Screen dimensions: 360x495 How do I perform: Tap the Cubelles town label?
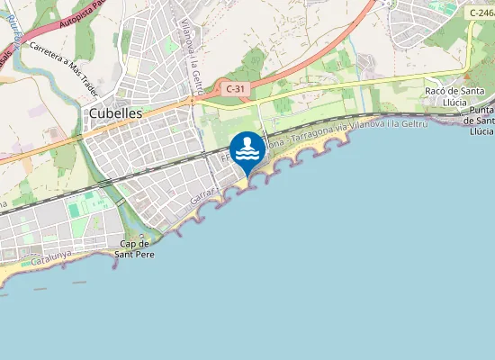[115, 113]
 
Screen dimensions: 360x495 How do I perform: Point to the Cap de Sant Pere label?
[134, 248]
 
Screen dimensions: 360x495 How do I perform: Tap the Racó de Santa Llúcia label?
[455, 97]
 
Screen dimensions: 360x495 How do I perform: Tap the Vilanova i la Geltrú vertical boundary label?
[190, 54]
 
